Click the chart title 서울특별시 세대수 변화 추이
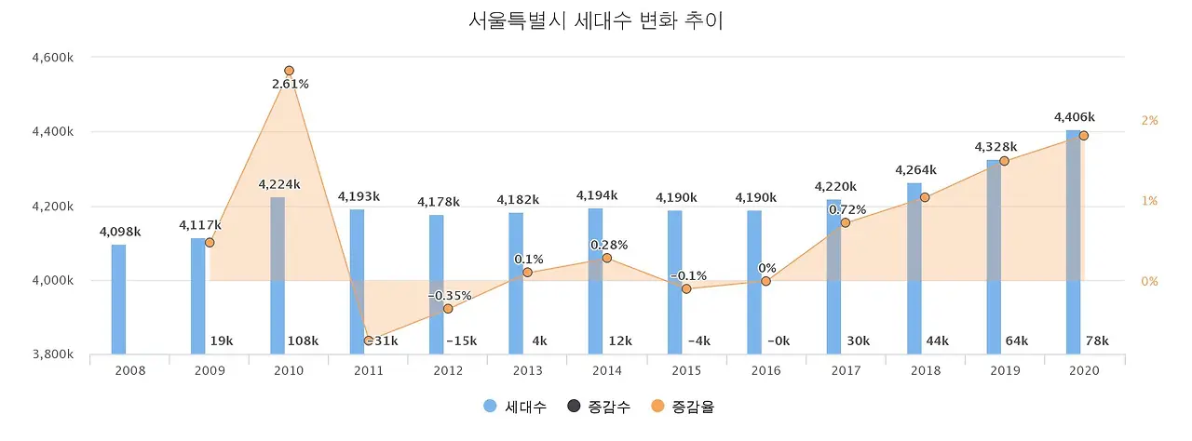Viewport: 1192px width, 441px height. [596, 20]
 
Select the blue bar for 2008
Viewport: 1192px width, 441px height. [118, 299]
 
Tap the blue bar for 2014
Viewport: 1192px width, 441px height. [595, 281]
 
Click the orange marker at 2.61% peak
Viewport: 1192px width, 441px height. [290, 71]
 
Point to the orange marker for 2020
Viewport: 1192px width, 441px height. [1083, 136]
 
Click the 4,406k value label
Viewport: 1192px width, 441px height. [1074, 117]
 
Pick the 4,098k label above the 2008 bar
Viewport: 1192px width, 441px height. [119, 231]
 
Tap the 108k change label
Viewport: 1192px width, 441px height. [303, 341]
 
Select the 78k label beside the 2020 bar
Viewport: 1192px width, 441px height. [1097, 341]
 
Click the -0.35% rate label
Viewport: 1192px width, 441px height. [450, 296]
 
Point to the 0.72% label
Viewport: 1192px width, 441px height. [847, 209]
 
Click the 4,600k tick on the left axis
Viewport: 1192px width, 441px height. [53, 58]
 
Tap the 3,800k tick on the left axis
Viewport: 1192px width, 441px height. [53, 354]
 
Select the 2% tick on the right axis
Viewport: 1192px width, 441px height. [1149, 121]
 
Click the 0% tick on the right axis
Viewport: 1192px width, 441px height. [1149, 281]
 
